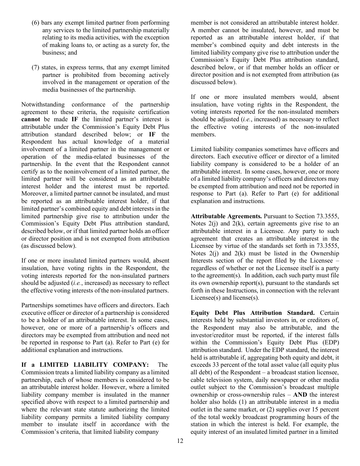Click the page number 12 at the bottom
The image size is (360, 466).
[x=180, y=441]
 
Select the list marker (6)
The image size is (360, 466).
[x=35, y=23]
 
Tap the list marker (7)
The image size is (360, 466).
[x=35, y=67]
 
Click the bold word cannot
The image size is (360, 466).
[x=31, y=120]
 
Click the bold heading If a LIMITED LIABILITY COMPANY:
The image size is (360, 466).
[x=85, y=365]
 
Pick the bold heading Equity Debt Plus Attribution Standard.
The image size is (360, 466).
[x=252, y=313]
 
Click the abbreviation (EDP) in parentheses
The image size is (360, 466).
[x=329, y=343]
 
